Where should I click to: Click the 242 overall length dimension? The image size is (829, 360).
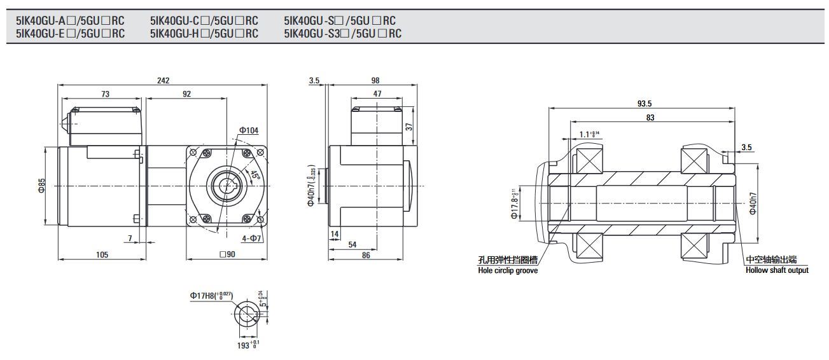[x=163, y=80]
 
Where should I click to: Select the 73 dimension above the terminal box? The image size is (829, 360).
[x=105, y=93]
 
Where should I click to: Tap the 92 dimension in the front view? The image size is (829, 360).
[x=186, y=93]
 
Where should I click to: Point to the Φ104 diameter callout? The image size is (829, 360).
[x=249, y=130]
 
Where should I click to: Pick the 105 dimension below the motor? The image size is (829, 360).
[x=102, y=254]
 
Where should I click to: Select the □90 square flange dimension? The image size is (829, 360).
[x=227, y=254]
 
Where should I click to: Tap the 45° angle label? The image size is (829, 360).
[x=254, y=175]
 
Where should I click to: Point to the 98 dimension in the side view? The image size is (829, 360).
[x=374, y=80]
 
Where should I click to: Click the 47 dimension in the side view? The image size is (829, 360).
[x=377, y=93]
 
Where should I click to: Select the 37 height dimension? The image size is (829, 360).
[x=410, y=126]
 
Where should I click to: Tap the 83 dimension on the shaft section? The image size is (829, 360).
[x=650, y=117]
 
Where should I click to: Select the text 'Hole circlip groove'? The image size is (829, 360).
[x=508, y=271]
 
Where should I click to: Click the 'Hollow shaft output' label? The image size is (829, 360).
[x=777, y=271]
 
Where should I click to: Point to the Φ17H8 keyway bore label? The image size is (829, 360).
[x=211, y=296]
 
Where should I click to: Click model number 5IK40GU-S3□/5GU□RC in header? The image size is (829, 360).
[x=343, y=33]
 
